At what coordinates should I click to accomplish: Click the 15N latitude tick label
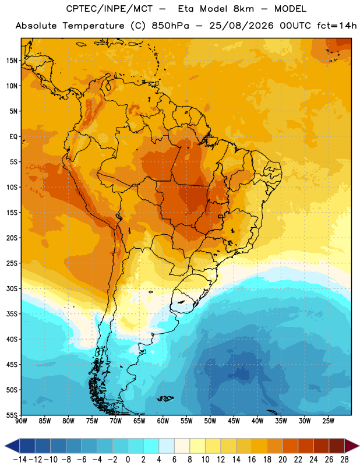[x=12, y=61]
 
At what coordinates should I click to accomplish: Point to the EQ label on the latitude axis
[x=13, y=137]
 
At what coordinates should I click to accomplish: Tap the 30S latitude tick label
[x=12, y=288]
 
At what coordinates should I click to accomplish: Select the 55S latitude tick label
[x=12, y=415]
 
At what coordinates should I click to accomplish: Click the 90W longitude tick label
[x=21, y=421]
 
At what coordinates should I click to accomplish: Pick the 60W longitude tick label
[x=163, y=421]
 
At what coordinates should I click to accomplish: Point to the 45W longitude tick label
[x=234, y=421]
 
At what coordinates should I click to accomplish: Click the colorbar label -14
[x=20, y=460]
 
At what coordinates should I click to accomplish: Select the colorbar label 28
[x=344, y=460]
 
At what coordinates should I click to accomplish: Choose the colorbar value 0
[x=128, y=460]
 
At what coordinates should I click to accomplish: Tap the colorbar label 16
[x=252, y=460]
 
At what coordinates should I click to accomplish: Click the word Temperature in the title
[x=93, y=26]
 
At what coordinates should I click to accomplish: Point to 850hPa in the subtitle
[x=170, y=26]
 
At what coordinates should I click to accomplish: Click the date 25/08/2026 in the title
[x=241, y=26]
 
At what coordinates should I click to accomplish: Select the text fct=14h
[x=337, y=26]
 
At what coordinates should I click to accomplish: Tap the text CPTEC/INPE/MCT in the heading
[x=110, y=9]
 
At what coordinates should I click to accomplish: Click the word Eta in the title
[x=185, y=9]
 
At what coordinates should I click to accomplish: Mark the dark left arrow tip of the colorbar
[x=5, y=446]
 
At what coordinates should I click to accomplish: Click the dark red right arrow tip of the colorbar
[x=358, y=446]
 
